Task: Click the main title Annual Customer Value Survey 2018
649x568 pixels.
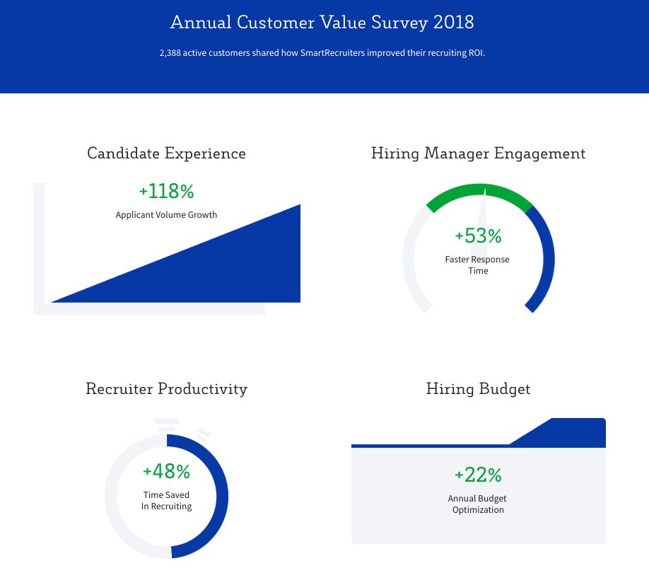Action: click(x=322, y=23)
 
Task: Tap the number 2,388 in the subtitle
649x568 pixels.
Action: click(x=170, y=53)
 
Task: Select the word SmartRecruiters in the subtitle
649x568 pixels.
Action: click(x=332, y=53)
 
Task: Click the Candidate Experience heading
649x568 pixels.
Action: click(x=166, y=153)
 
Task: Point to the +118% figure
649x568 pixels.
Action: click(x=166, y=191)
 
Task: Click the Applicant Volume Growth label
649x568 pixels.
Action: click(x=166, y=215)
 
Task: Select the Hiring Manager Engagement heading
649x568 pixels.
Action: click(x=478, y=153)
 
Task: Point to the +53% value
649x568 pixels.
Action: click(x=478, y=236)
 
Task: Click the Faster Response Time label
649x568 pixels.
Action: click(x=478, y=265)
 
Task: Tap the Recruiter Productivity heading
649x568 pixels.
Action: click(x=166, y=389)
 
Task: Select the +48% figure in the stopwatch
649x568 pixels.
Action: click(x=166, y=471)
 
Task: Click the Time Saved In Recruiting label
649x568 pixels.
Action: click(x=166, y=501)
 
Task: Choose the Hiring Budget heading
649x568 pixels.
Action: click(x=478, y=389)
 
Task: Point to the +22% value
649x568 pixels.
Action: click(x=478, y=475)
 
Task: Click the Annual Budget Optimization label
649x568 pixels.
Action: click(x=478, y=504)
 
